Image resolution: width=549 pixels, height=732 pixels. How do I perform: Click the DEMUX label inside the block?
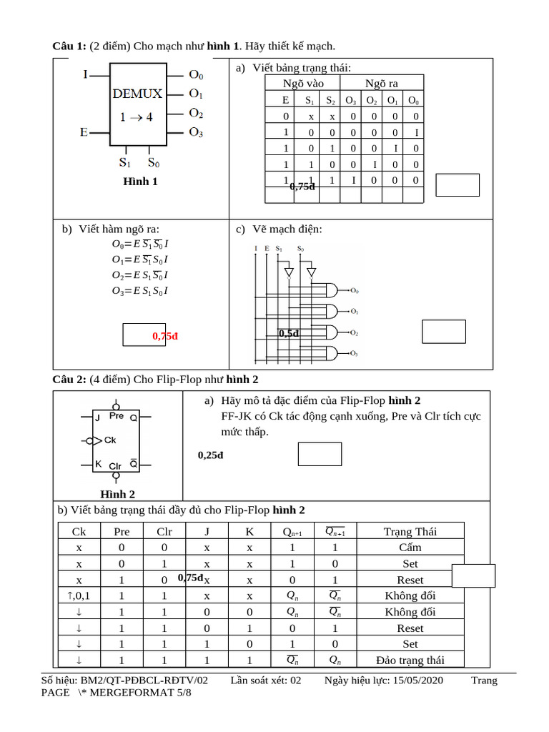(137, 93)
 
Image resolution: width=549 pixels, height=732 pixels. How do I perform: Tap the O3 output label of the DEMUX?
(196, 132)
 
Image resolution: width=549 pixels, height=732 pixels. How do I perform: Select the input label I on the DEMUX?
(86, 74)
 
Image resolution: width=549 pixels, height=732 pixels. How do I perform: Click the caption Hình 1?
(140, 182)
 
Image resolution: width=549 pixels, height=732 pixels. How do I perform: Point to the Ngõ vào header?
(303, 84)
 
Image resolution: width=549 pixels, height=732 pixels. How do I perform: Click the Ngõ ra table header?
(382, 84)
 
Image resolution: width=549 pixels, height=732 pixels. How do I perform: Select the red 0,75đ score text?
(164, 336)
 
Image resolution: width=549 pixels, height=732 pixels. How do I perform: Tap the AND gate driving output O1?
(331, 311)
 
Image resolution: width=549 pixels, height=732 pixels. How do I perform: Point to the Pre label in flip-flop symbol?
(117, 415)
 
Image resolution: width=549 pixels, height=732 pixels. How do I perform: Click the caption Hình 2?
(118, 494)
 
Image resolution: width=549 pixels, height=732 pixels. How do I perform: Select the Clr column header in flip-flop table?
(164, 531)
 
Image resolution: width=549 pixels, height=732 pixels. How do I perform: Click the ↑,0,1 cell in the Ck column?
(79, 595)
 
